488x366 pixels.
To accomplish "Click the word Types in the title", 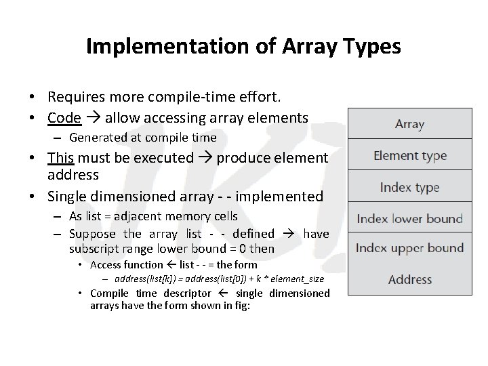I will point(372,46).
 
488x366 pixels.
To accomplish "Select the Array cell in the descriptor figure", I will point(409,124).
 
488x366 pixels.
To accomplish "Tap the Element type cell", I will point(409,155).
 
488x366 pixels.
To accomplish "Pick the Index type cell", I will point(409,187).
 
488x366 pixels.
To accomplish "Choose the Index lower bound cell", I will point(409,218).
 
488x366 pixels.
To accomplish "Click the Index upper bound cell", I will point(409,247).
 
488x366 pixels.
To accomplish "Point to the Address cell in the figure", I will point(409,279).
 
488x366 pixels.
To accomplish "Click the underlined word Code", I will point(64,117).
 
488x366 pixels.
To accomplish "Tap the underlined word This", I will point(60,157).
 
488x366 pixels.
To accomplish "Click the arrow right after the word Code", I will point(92,118).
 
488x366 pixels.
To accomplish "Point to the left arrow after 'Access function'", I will point(171,265).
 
